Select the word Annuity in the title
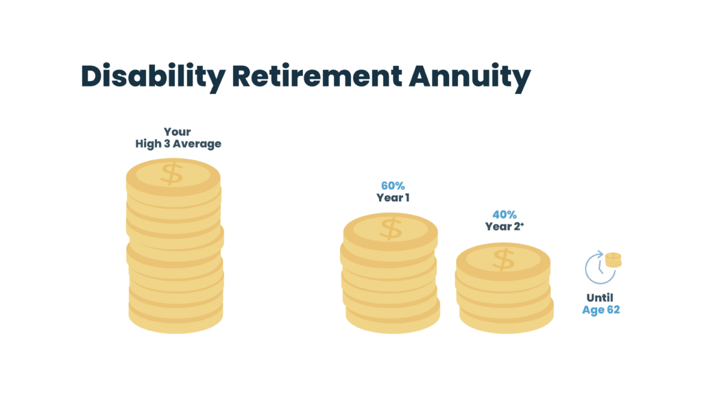470,77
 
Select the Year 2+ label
503,227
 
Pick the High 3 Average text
178,144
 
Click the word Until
600,298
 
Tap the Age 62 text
601,310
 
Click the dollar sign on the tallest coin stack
172,173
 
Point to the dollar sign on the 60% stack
391,228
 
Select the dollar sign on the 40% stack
504,259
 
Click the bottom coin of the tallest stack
175,320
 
